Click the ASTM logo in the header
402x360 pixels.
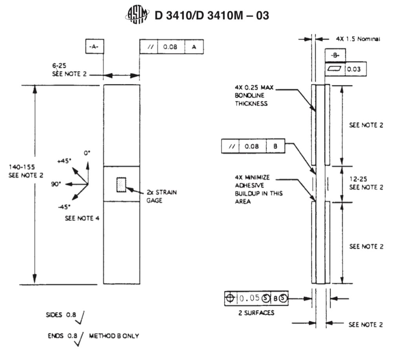click(137, 16)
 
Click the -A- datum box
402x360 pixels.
click(94, 47)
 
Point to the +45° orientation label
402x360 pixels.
click(65, 160)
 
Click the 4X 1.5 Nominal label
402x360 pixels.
click(358, 39)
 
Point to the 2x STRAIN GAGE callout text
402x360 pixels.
click(161, 196)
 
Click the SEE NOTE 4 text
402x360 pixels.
click(82, 219)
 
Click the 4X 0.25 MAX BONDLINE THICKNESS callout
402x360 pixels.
click(251, 96)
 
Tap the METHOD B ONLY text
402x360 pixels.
click(114, 336)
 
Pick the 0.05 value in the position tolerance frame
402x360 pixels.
click(250, 298)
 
